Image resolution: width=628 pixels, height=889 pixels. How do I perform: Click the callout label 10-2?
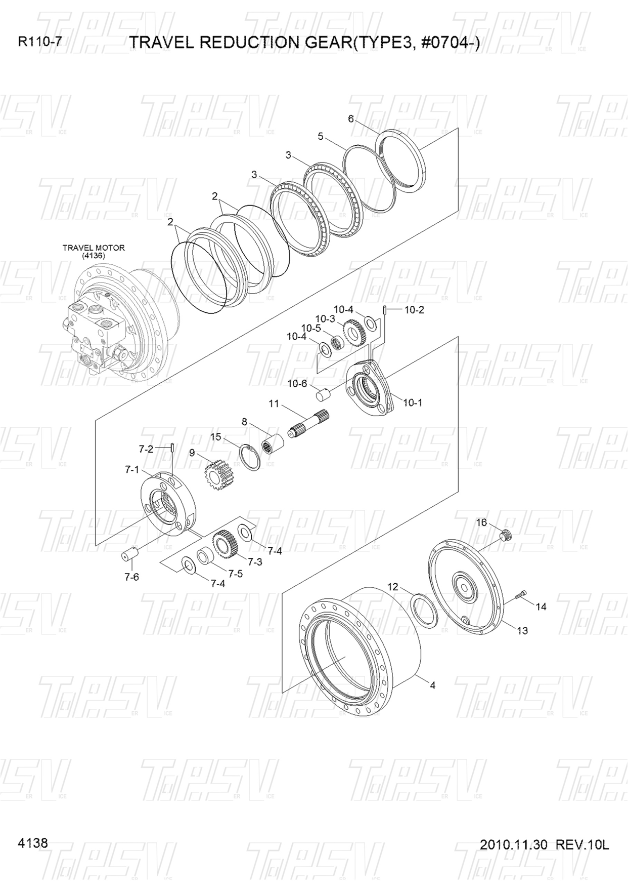point(414,310)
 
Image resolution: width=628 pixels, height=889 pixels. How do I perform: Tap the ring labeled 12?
point(423,611)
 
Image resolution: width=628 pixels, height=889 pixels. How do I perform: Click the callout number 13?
point(522,630)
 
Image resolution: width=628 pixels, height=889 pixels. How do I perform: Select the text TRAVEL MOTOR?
point(94,248)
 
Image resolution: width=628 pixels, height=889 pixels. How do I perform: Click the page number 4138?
point(33,843)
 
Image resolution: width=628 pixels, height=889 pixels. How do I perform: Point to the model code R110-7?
point(40,42)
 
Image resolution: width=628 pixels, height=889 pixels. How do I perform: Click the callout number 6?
point(351,119)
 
